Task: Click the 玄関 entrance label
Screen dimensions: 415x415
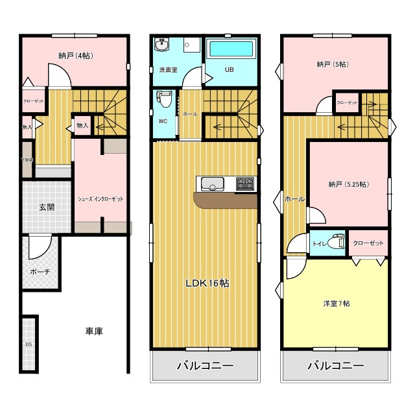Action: [x=46, y=207]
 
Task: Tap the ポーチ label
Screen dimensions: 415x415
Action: [x=40, y=272]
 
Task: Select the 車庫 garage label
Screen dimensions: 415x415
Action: [x=94, y=331]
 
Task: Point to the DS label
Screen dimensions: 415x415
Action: [x=29, y=344]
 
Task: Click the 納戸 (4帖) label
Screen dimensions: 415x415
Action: [x=75, y=56]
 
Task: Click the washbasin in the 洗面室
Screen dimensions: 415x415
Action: [x=162, y=45]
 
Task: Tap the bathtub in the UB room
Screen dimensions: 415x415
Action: [x=231, y=50]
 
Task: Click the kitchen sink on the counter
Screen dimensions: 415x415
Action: [x=211, y=185]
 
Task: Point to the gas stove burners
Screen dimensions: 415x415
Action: [x=246, y=184]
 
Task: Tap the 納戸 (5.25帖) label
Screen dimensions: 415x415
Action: [x=348, y=184]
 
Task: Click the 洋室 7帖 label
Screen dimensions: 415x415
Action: [x=337, y=303]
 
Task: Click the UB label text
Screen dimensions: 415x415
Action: [x=229, y=70]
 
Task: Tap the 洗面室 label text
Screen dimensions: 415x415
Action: [x=168, y=70]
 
